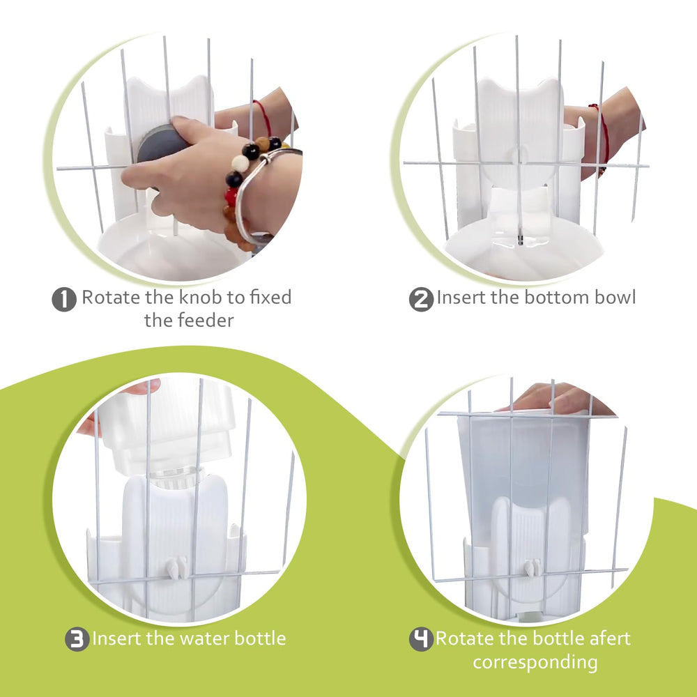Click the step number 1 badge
pos(63,300)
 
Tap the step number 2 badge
pos(421,300)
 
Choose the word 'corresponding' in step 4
pos(535,661)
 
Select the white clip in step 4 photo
pos(533,568)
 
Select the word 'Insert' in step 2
pos(461,298)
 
